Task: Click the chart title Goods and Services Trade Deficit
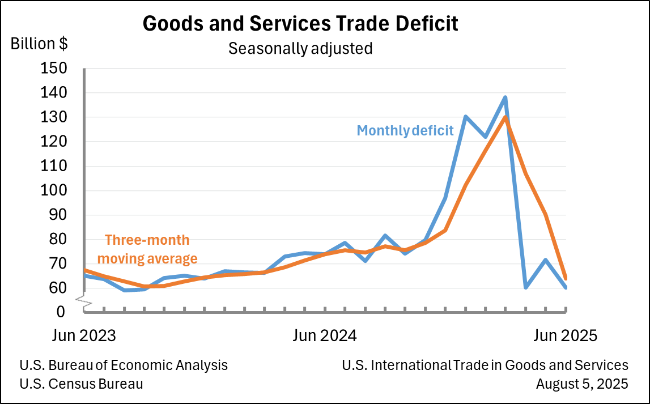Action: [300, 24]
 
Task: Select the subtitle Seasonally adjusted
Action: [300, 49]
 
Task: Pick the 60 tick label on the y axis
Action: [59, 288]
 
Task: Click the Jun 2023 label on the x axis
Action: [84, 335]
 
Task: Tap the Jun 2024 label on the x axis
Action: [325, 335]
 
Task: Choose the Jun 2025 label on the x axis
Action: [566, 335]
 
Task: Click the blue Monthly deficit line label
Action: [405, 131]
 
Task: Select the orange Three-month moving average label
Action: [147, 249]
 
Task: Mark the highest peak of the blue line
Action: [505, 97]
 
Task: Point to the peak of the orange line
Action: [505, 117]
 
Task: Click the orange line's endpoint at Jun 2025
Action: [566, 278]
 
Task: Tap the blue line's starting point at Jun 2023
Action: [84, 275]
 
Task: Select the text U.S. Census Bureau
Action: [81, 384]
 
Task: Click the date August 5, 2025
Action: [582, 384]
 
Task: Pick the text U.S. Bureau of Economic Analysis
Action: [124, 365]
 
